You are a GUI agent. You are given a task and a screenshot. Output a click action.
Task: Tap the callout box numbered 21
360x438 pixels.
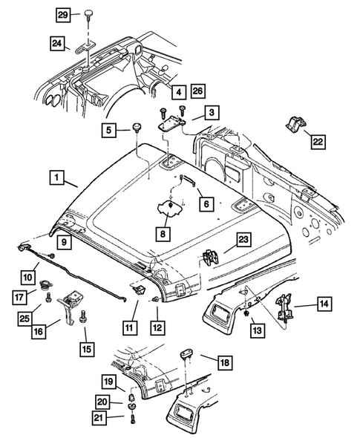point(108,418)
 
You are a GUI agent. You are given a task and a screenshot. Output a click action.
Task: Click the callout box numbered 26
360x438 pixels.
point(198,91)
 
